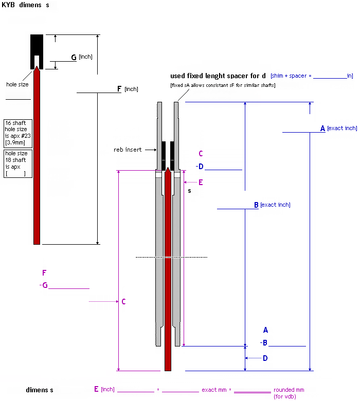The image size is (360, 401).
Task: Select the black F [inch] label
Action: [128, 89]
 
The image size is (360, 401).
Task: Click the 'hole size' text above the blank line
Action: [17, 84]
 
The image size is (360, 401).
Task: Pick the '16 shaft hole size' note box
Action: [18, 134]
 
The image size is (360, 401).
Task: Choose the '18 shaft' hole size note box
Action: [18, 163]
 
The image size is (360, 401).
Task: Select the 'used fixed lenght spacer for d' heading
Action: [218, 76]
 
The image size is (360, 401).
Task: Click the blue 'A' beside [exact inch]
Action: [323, 128]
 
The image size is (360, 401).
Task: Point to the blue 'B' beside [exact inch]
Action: [256, 205]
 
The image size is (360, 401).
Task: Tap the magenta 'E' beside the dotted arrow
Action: [201, 182]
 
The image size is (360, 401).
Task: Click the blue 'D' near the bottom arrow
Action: [265, 358]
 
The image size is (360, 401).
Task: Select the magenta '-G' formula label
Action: [44, 285]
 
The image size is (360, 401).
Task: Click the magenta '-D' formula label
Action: [200, 166]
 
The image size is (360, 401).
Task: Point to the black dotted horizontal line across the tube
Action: [171, 257]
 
